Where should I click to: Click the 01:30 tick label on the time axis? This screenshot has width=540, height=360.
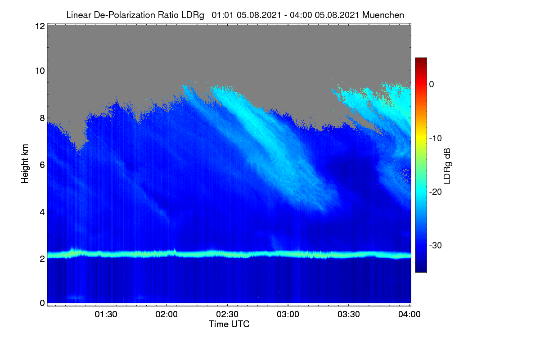[x=106, y=315]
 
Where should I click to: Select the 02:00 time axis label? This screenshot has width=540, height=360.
[x=166, y=315]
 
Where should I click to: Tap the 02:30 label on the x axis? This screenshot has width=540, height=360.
[x=227, y=315]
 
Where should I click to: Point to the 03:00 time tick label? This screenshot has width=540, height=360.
[x=288, y=315]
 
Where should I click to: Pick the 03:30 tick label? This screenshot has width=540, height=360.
[x=349, y=315]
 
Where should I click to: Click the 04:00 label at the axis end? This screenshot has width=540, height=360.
[x=409, y=315]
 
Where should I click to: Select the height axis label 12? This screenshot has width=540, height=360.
[x=40, y=26]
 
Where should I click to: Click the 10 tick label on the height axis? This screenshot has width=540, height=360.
[x=40, y=71]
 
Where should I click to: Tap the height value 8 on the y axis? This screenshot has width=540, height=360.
[x=42, y=118]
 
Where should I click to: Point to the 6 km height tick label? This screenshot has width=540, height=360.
[x=42, y=165]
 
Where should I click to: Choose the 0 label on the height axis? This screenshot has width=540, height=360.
[x=42, y=303]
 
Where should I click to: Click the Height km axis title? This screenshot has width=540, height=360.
[x=25, y=164]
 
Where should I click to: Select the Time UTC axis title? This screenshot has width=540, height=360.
[x=229, y=324]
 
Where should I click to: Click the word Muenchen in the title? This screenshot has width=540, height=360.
[x=383, y=15]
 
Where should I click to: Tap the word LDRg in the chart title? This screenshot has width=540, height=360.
[x=193, y=15]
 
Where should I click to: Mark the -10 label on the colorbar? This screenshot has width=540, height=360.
[x=436, y=139]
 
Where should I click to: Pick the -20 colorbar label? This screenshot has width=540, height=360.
[x=436, y=192]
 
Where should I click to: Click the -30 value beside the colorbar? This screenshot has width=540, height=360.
[x=436, y=245]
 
